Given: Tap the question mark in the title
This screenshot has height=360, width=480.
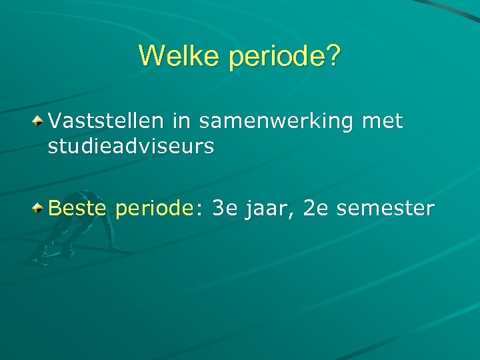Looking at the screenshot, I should coord(332,57).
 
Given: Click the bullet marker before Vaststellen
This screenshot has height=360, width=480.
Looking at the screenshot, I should coord(40,121).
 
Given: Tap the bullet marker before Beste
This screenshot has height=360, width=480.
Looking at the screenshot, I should coord(40,209).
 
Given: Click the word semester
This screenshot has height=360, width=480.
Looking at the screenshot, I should coord(385,209).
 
